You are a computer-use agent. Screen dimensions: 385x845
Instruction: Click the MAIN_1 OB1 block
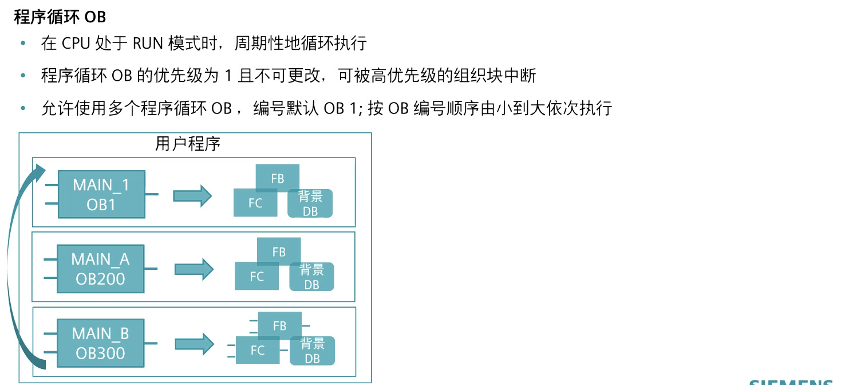point(101,194)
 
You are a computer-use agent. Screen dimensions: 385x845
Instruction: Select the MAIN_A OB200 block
point(100,269)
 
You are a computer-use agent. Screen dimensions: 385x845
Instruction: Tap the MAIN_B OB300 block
point(101,343)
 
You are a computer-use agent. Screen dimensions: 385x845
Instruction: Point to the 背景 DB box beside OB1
point(310,203)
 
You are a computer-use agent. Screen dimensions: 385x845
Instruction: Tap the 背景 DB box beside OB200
point(311,277)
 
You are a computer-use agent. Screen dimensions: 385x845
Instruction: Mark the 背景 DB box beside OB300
point(312,351)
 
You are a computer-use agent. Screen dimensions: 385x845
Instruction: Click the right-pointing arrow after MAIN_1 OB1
point(192,195)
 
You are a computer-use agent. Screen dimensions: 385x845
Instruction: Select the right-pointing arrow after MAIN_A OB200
point(194,269)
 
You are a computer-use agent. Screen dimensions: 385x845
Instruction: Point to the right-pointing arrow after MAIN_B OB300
point(194,344)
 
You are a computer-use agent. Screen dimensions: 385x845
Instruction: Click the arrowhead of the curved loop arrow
point(40,171)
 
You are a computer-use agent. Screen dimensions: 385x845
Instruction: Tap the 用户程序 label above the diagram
point(188,144)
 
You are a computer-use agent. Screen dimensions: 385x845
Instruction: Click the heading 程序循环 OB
point(60,17)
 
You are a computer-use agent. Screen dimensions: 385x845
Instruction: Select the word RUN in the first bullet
point(148,44)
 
